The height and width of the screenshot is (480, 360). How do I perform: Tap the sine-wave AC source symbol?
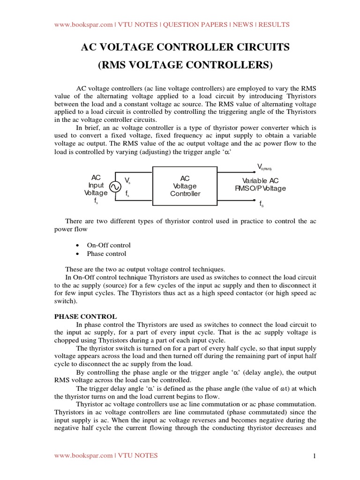(115, 187)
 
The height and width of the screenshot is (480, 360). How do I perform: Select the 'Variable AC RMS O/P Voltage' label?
(261, 185)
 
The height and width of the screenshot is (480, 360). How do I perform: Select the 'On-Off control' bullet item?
(109, 245)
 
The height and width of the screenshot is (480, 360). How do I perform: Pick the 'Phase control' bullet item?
(106, 254)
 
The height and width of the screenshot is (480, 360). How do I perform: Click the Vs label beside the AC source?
(127, 180)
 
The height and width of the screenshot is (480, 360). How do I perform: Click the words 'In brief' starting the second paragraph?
(85, 127)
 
